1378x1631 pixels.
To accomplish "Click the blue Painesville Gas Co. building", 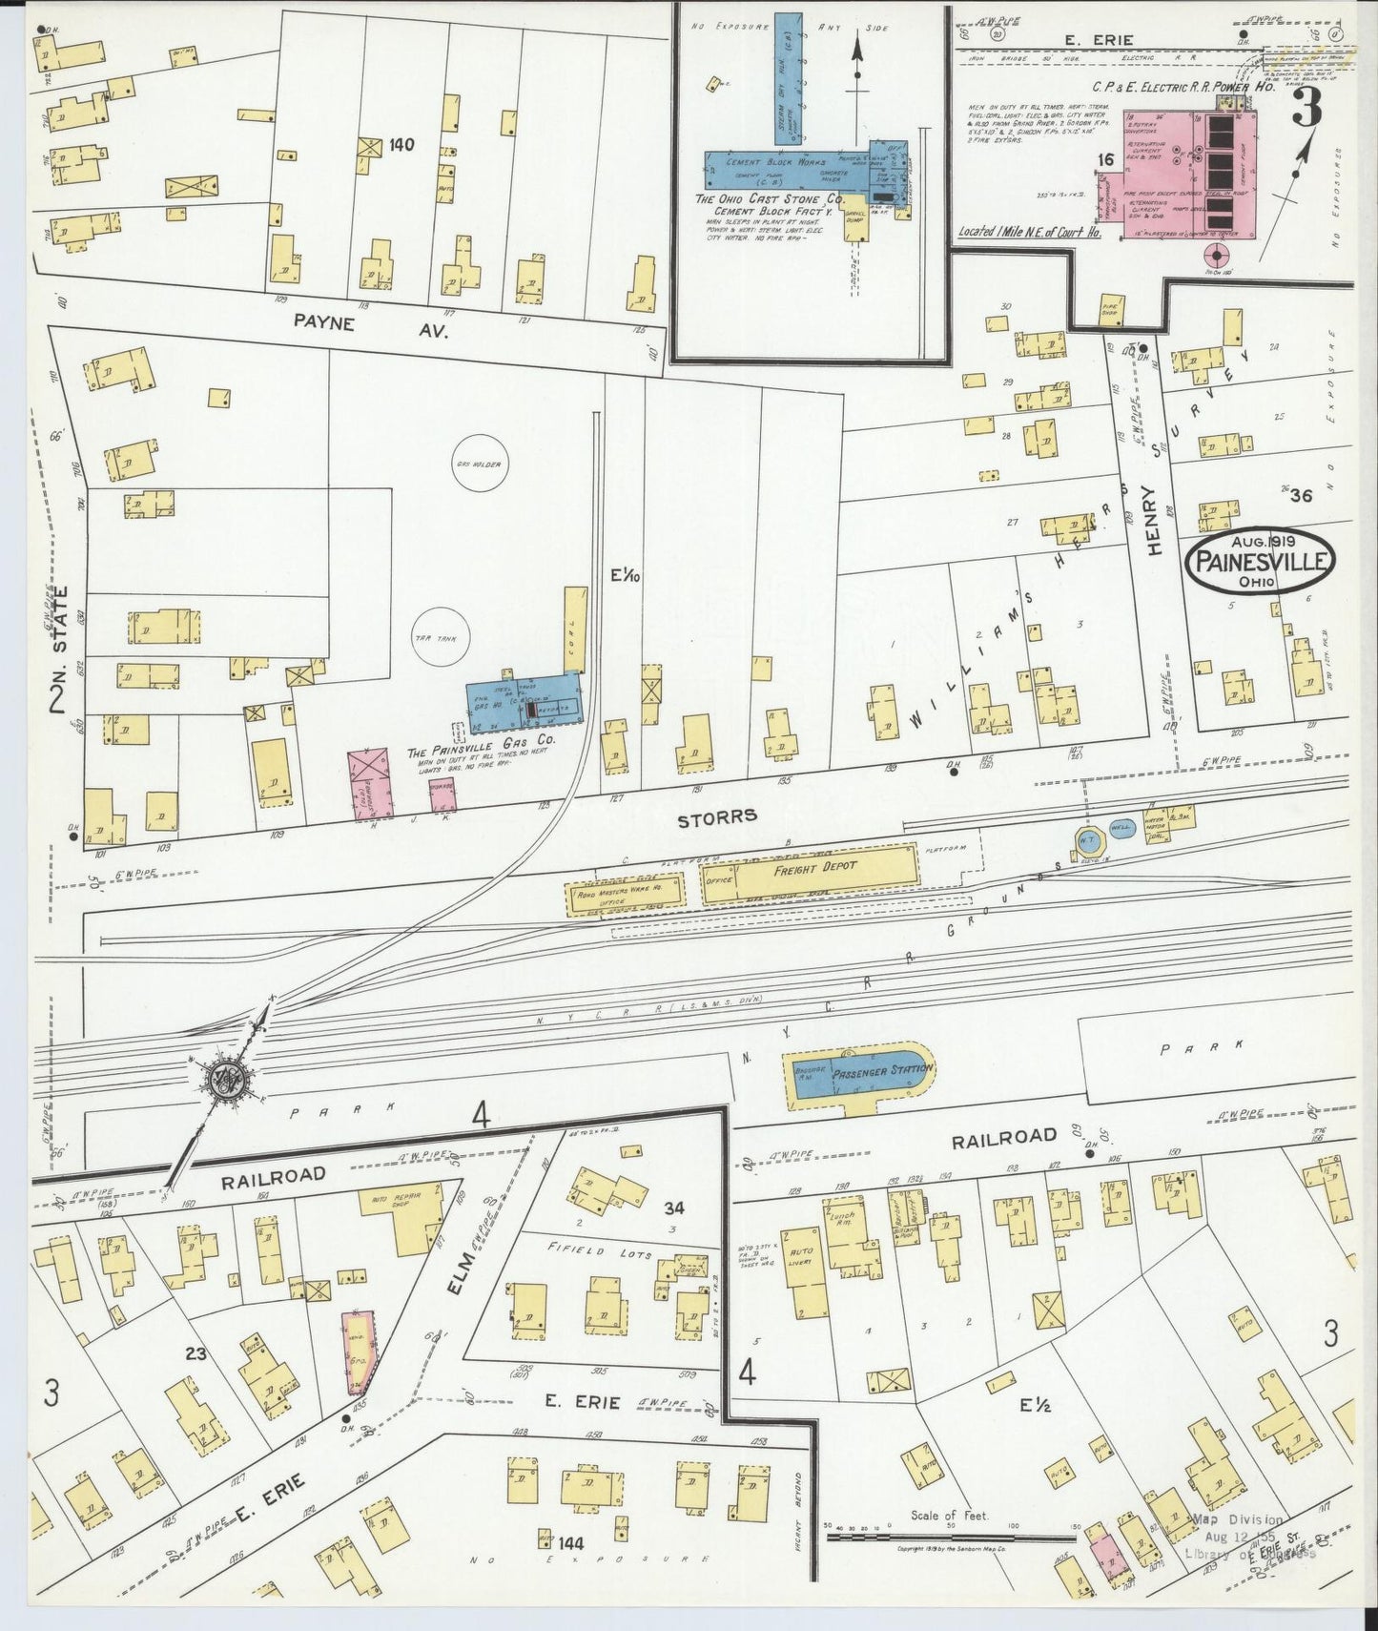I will (524, 703).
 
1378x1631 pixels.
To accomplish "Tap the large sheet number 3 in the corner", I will (1305, 112).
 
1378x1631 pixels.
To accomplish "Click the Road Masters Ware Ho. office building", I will (627, 897).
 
